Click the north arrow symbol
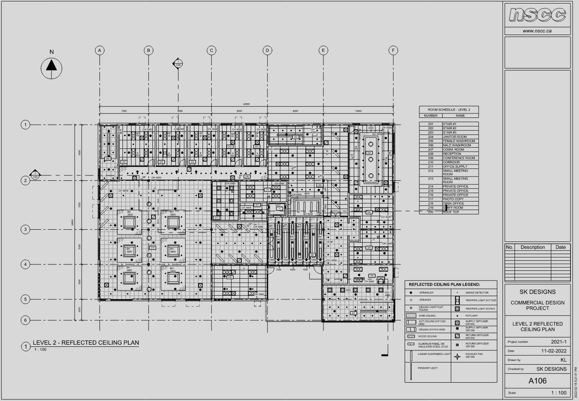click(51, 68)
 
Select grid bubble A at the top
click(100, 51)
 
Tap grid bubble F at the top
click(393, 51)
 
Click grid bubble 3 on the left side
click(25, 230)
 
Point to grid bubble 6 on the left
click(25, 320)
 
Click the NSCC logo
click(537, 15)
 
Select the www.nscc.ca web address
click(537, 31)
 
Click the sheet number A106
click(537, 381)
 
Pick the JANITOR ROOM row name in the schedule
click(454, 137)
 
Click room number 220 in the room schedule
click(430, 212)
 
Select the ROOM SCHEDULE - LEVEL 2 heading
click(449, 110)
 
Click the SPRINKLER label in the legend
click(426, 293)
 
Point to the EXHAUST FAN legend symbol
click(457, 356)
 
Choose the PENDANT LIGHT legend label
click(428, 368)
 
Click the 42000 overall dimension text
click(246, 104)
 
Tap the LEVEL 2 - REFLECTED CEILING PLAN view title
click(86, 343)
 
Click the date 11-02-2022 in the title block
click(554, 351)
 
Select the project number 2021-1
click(559, 342)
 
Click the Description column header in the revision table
click(532, 247)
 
